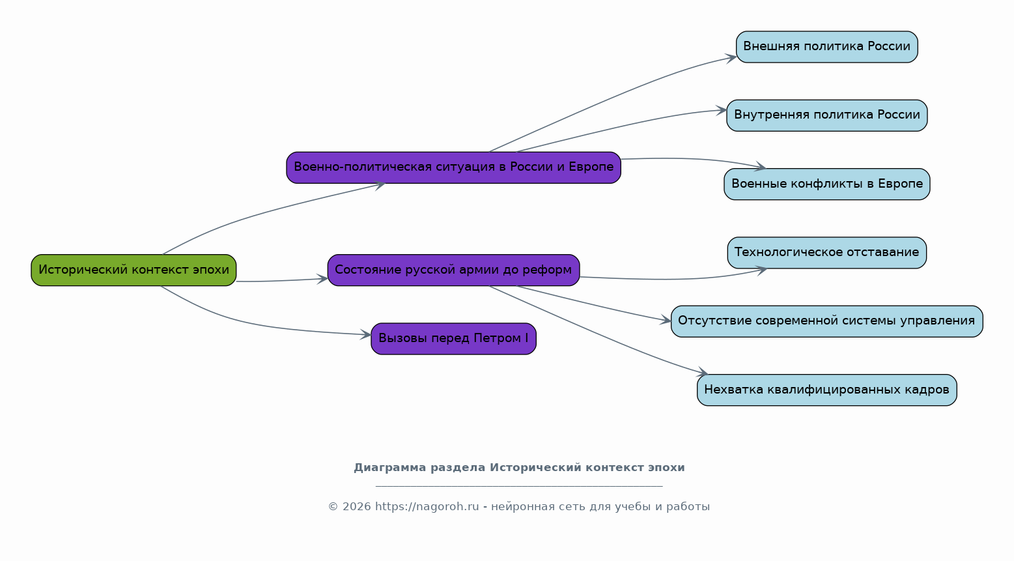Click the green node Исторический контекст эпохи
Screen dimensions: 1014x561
134,270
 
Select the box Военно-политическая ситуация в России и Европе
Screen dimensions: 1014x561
453,167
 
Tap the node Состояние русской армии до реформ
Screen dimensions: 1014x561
453,270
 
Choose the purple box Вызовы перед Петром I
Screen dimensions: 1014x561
453,339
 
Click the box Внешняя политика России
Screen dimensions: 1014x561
826,47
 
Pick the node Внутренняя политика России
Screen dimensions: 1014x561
826,115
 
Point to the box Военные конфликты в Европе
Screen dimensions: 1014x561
826,184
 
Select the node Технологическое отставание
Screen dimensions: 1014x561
826,253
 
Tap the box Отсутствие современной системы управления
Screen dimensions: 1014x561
826,321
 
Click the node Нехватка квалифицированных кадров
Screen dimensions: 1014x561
826,390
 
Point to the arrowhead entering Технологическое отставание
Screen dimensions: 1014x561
761,271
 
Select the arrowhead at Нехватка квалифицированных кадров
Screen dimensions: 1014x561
702,372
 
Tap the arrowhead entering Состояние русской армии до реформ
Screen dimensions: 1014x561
322,279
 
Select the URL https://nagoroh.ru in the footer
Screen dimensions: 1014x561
427,507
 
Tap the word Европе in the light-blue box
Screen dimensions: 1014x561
900,184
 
